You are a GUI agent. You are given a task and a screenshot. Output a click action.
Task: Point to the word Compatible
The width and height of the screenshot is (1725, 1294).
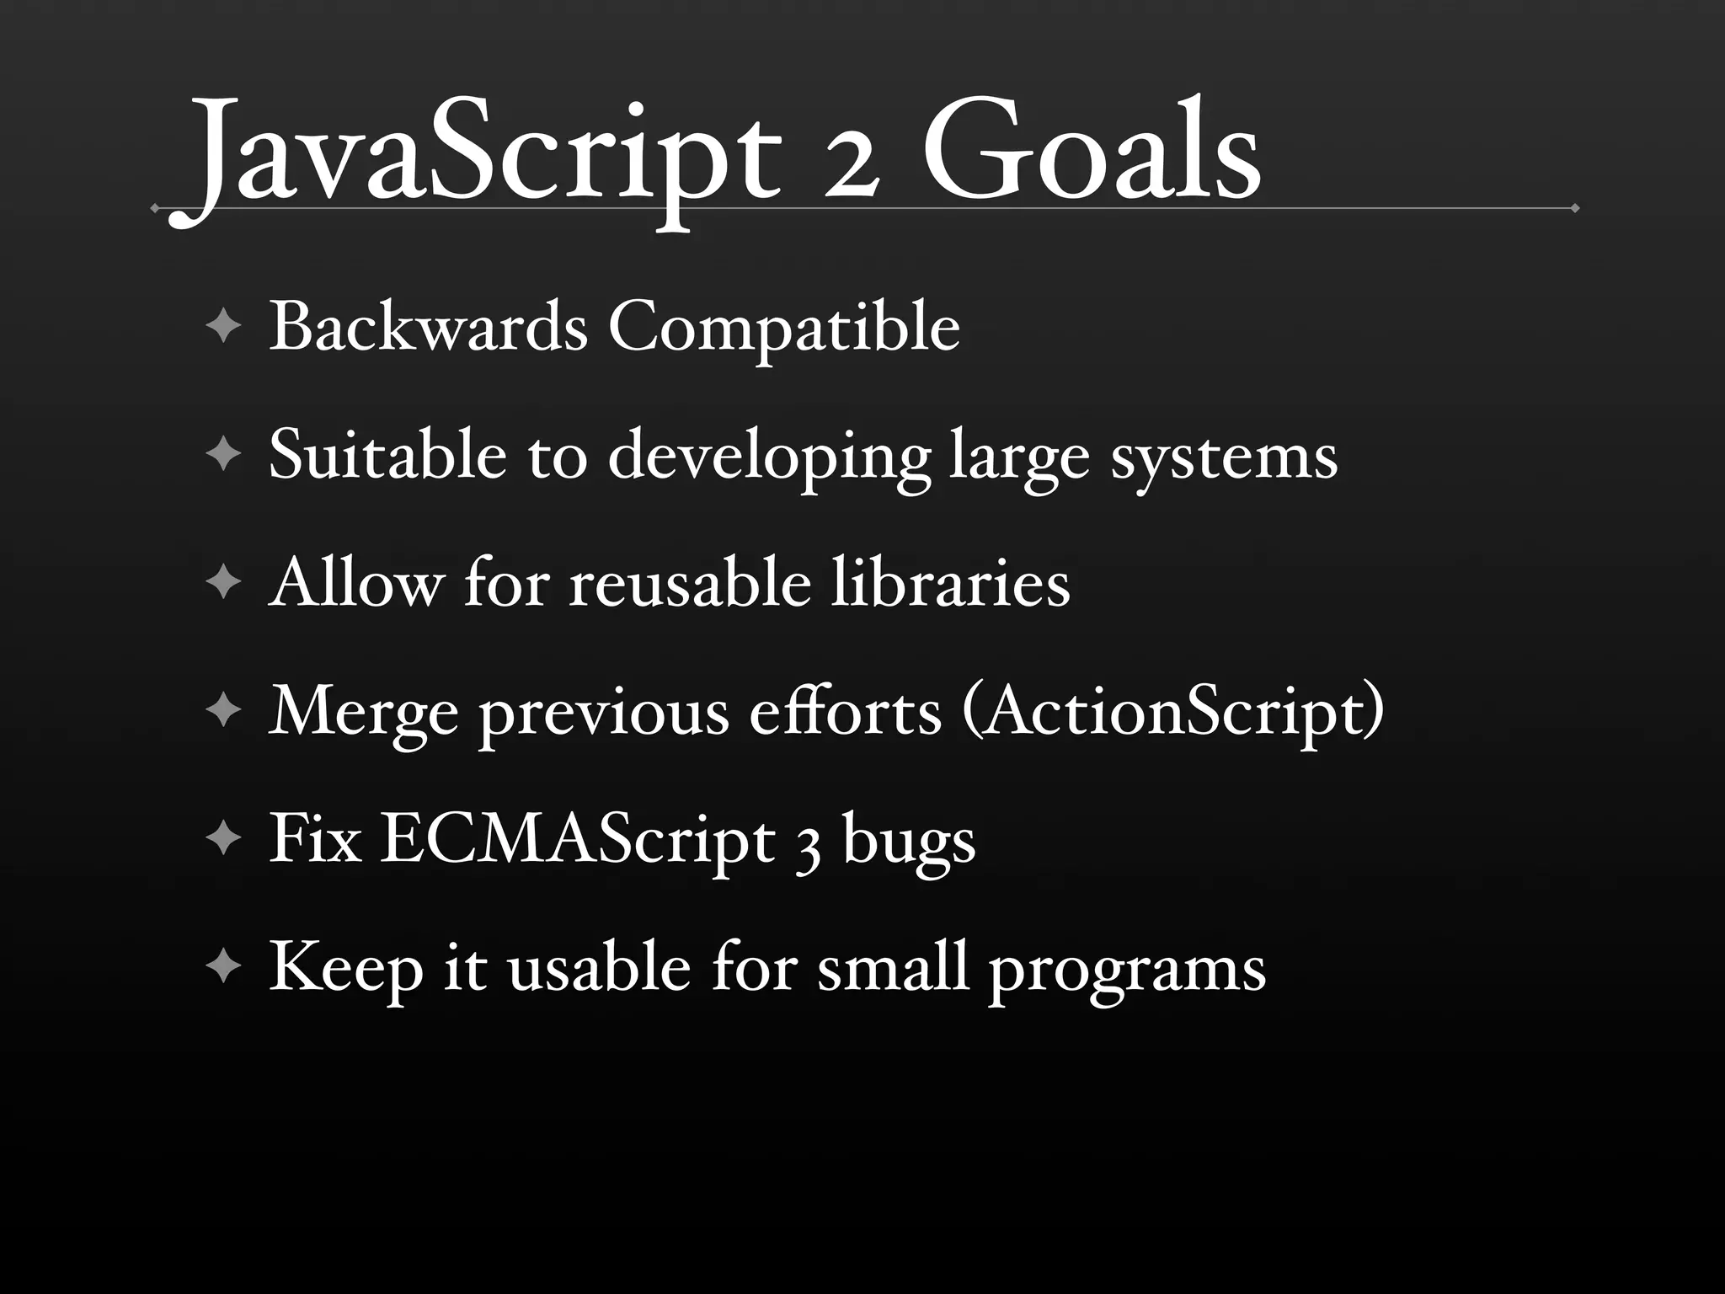[783, 329]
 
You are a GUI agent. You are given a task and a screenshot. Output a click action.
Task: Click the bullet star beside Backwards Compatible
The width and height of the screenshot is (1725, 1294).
[223, 327]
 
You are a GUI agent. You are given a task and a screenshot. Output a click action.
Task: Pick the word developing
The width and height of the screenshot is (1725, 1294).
[769, 457]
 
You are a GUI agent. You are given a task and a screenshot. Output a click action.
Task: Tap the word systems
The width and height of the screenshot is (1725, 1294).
[1223, 457]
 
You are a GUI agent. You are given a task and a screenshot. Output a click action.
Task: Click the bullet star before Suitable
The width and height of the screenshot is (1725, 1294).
[223, 455]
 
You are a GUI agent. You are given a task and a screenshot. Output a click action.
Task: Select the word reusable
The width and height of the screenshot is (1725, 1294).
[690, 583]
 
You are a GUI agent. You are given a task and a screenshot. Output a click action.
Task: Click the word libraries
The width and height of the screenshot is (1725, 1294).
[950, 583]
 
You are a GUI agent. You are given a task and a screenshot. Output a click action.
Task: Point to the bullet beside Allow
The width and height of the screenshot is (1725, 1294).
[223, 583]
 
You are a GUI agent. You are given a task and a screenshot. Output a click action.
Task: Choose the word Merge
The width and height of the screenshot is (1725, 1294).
[363, 713]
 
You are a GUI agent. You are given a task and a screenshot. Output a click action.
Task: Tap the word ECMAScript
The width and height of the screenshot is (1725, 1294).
[577, 840]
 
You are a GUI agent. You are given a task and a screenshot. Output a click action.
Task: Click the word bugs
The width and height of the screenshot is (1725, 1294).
[909, 842]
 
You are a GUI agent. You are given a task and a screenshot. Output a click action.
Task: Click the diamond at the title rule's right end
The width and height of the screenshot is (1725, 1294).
[1574, 208]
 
